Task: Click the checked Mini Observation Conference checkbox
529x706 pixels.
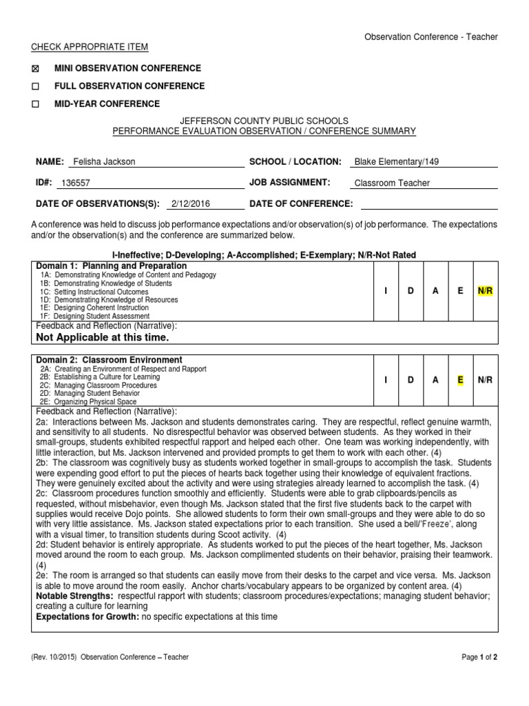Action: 37,69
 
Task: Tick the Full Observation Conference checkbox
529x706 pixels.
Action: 37,87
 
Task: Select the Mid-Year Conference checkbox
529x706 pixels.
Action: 37,104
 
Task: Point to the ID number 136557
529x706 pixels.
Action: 76,183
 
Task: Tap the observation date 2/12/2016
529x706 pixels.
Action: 191,204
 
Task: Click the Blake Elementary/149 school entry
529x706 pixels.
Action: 396,162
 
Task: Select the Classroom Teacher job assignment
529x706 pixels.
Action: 391,183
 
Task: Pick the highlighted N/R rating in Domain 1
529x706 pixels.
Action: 485,291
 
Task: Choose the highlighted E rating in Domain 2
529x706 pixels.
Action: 460,381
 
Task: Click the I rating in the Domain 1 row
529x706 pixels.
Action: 386,291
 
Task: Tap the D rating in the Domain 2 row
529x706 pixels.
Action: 411,381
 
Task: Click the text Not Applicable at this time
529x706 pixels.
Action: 102,338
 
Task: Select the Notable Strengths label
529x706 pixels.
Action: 75,595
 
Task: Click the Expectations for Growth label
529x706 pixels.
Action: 87,616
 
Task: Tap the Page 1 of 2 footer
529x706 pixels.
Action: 479,657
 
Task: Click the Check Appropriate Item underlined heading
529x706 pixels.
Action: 90,47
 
